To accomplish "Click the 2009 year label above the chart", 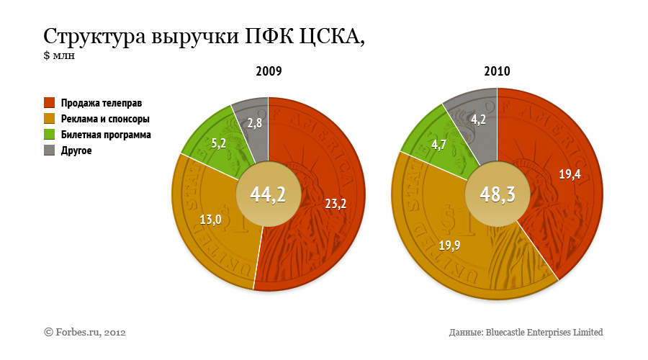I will [x=268, y=72].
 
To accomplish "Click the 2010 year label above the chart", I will [x=497, y=72].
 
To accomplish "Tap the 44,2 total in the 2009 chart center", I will [x=267, y=193].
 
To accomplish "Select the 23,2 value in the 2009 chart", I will [x=336, y=204].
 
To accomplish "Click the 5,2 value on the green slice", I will [x=218, y=144].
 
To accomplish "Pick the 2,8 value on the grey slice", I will [x=254, y=124].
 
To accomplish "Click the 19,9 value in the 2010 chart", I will [x=449, y=246].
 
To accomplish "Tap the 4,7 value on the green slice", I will [x=438, y=145].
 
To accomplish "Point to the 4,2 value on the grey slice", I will [x=478, y=120].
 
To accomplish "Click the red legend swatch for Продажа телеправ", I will [x=50, y=102].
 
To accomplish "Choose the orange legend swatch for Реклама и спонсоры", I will [x=50, y=118].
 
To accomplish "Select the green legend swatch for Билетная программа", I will [x=50, y=135].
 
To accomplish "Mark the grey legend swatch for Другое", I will [x=50, y=150].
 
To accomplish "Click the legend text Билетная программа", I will [x=106, y=135].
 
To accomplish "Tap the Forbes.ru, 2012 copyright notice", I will [x=86, y=332].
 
